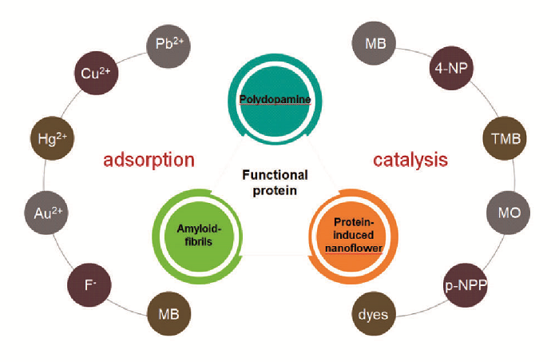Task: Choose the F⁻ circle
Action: point(89,282)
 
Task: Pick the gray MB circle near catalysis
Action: point(375,44)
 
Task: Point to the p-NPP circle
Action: point(466,282)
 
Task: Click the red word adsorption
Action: point(149,160)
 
